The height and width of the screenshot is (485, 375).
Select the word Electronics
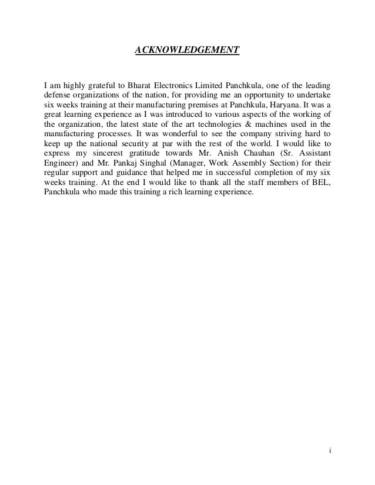click(x=175, y=83)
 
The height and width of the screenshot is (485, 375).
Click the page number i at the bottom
click(x=330, y=452)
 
